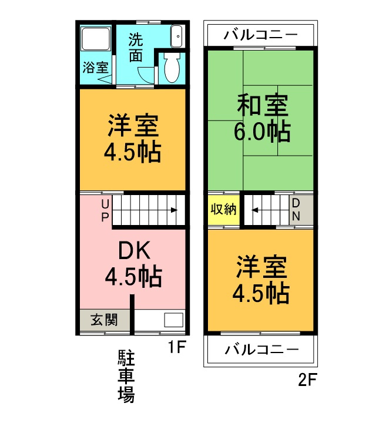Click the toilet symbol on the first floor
click(172, 69)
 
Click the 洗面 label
click(136, 48)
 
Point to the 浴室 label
click(95, 66)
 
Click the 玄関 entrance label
click(103, 320)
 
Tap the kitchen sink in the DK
click(173, 321)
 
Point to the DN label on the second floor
click(296, 210)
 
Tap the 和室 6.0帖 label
click(262, 118)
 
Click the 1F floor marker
click(177, 347)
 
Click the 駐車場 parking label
click(126, 375)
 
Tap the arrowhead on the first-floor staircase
click(174, 210)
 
